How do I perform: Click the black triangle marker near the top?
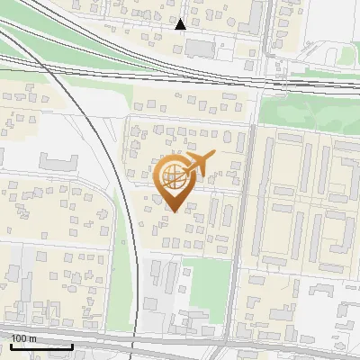tap(181, 24)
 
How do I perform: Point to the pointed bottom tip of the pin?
tap(173, 211)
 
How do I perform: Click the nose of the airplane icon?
tap(215, 154)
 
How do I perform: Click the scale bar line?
tap(41, 346)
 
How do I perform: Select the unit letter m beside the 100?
tap(32, 338)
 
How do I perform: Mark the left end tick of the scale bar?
tap(11, 345)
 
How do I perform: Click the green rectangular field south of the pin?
tap(205, 280)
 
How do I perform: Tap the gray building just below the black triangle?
tap(200, 47)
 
